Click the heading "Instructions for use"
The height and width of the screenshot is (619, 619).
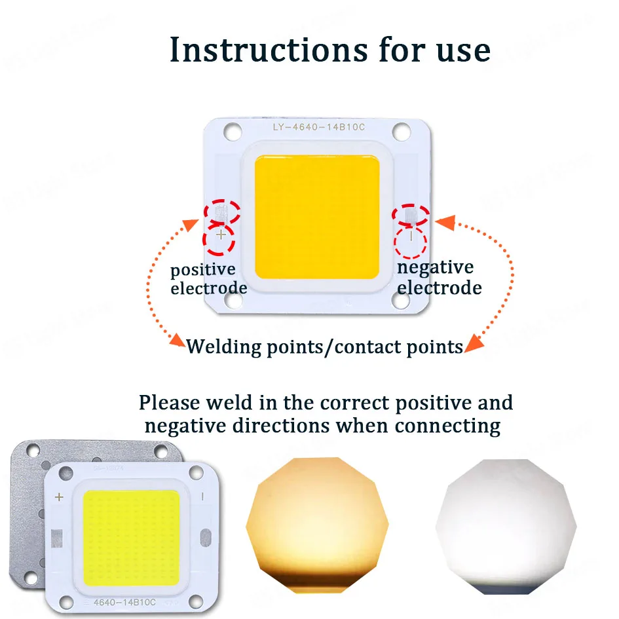329,50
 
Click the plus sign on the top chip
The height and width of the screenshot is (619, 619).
221,234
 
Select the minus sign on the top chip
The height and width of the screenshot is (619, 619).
411,234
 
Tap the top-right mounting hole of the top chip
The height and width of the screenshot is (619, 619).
402,132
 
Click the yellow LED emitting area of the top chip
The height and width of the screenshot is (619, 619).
316,216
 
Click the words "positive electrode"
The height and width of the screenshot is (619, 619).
208,279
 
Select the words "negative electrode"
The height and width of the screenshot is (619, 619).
439,278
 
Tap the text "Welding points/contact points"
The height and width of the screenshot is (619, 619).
325,347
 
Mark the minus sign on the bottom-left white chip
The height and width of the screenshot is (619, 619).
202,497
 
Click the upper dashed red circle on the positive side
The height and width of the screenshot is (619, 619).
221,211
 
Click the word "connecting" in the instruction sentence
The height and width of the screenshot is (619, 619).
447,426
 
